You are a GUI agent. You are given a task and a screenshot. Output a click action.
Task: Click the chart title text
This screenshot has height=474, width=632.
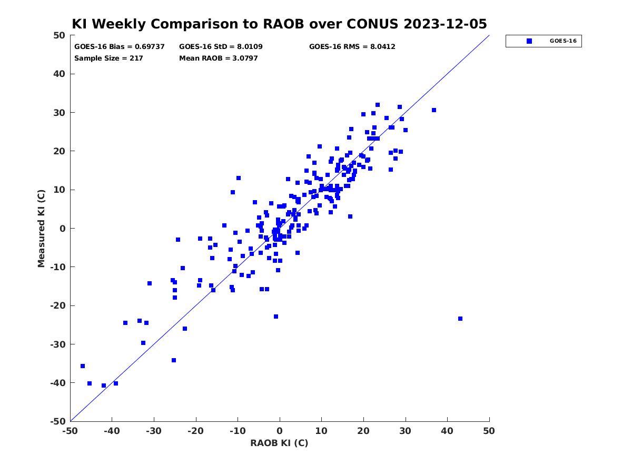point(279,24)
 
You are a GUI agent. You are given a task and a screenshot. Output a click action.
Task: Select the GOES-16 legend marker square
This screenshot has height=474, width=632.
point(529,41)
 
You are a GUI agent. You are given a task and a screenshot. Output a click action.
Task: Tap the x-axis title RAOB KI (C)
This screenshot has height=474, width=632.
point(279,443)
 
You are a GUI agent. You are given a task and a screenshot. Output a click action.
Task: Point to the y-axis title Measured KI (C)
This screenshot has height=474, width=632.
point(41,228)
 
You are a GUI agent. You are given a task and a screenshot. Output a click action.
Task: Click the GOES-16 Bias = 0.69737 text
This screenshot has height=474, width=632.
point(119,47)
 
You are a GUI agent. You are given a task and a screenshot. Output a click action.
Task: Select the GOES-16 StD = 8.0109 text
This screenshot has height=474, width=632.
point(221,47)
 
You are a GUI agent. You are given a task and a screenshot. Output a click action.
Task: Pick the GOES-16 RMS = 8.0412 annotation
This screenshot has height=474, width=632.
point(352,47)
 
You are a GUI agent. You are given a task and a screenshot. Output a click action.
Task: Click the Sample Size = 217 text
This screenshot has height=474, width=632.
point(108,58)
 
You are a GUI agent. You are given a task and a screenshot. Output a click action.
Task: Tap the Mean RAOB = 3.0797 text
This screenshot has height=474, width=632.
point(218,58)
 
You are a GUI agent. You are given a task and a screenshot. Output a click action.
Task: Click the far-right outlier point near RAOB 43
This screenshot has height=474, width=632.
point(460,319)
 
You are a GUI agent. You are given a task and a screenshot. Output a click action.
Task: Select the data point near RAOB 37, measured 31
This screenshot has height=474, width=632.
point(433,110)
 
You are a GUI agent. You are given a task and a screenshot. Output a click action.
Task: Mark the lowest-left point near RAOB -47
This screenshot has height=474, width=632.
point(83,366)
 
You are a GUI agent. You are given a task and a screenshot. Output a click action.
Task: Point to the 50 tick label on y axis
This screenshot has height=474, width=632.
point(60,35)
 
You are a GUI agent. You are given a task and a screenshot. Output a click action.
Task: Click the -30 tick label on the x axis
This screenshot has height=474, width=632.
point(153,431)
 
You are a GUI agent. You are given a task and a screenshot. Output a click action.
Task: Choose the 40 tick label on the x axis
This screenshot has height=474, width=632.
point(447,431)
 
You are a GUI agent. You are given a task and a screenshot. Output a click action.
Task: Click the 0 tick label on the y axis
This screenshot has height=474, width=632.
point(63,229)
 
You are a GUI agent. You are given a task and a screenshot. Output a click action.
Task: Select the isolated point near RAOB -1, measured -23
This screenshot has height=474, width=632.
point(276,317)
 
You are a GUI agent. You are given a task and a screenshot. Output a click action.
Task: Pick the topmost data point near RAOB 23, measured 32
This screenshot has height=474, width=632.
point(378,105)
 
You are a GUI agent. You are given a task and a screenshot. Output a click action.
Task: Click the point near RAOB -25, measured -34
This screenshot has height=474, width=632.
point(174,360)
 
